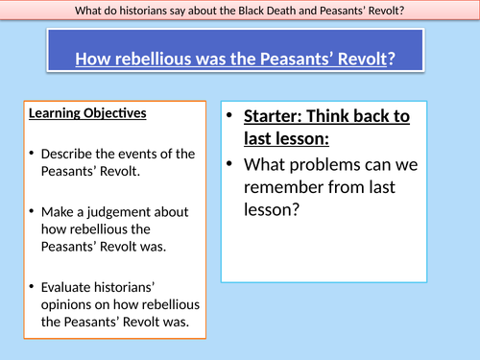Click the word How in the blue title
click(x=95, y=60)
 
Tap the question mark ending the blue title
click(x=387, y=60)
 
